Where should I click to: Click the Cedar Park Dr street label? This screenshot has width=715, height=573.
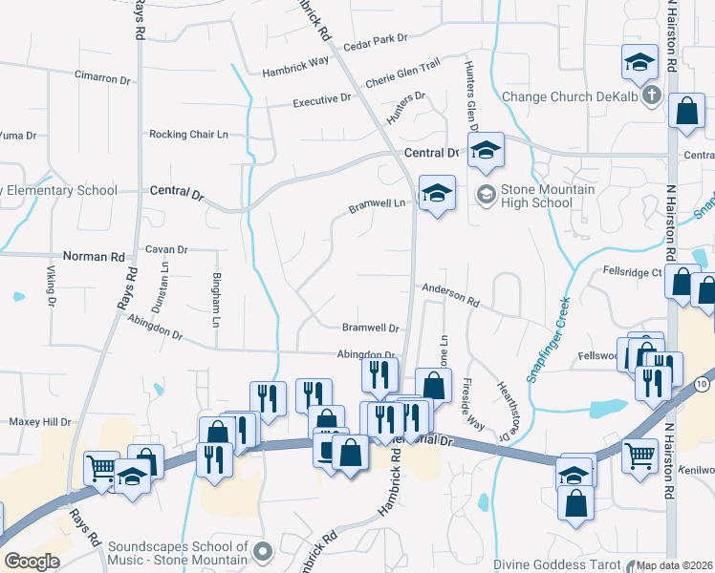(x=375, y=40)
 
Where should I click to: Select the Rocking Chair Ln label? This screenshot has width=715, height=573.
(x=195, y=135)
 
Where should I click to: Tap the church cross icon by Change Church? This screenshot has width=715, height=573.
(x=652, y=95)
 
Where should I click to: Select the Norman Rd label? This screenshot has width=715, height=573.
(x=94, y=257)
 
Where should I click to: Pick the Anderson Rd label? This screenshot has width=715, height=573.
(x=449, y=292)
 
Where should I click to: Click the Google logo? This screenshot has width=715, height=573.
(x=32, y=561)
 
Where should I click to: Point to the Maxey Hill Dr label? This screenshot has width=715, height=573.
(x=40, y=421)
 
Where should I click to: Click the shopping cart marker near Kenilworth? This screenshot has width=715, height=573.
(x=640, y=456)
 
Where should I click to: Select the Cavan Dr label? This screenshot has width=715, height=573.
(x=166, y=249)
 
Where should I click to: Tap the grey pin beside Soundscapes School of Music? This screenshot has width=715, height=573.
(x=265, y=551)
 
